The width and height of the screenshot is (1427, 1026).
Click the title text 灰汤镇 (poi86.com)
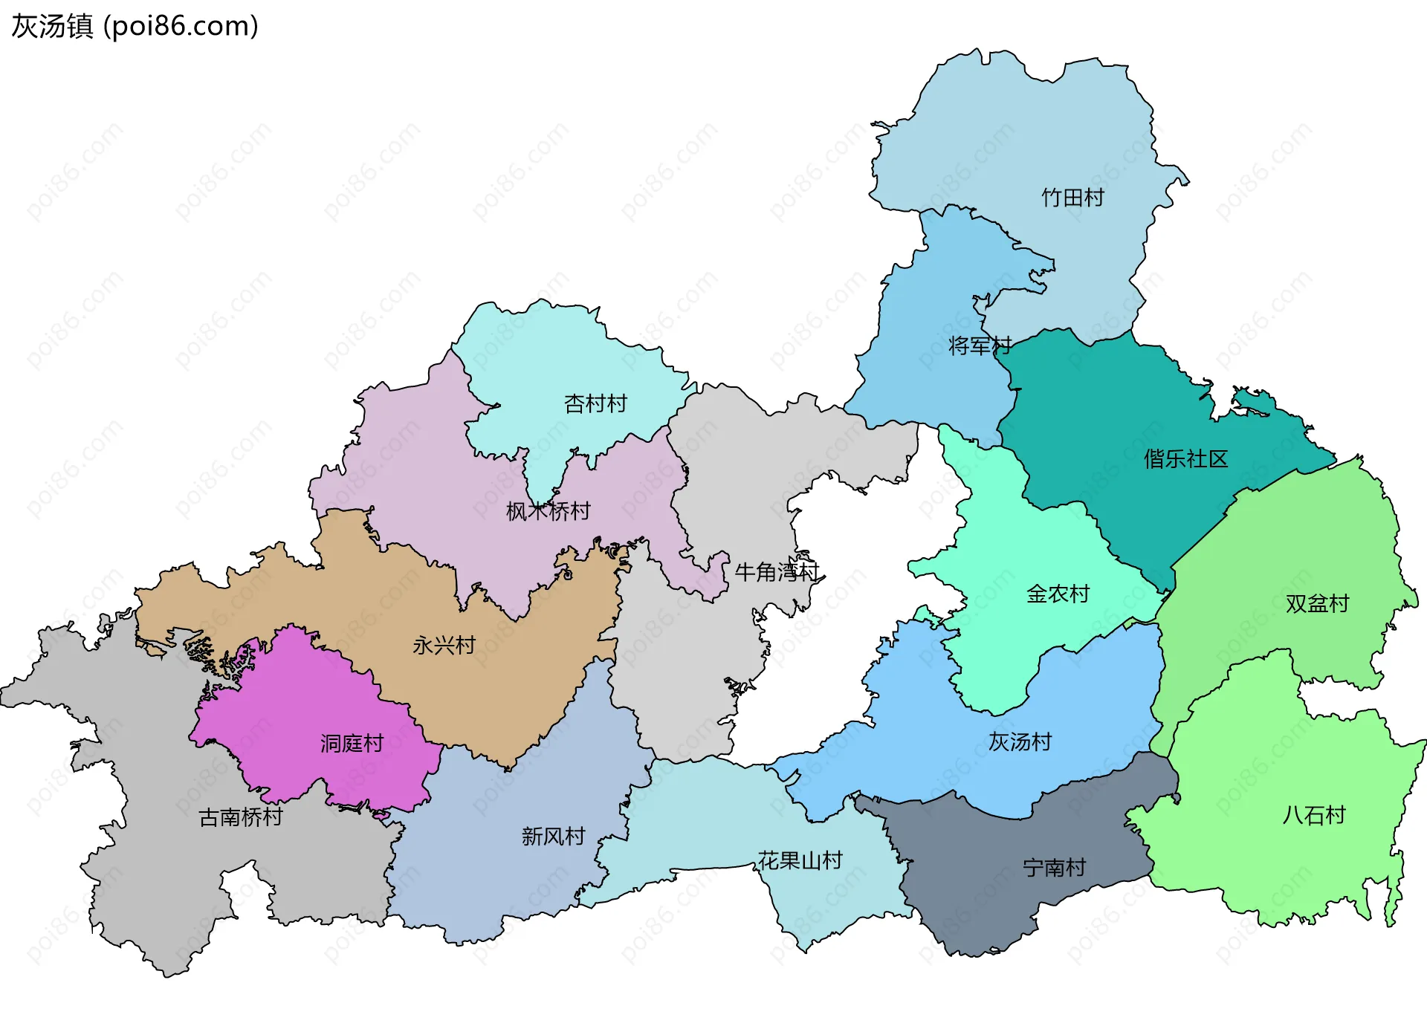(135, 26)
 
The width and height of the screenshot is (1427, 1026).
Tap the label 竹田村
(1072, 198)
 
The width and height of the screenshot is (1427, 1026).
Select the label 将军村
(980, 345)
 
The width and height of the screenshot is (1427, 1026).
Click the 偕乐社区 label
(1185, 459)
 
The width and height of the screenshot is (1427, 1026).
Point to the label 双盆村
(1317, 603)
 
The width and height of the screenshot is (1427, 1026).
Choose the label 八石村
(1314, 815)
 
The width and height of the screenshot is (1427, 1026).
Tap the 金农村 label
(1058, 594)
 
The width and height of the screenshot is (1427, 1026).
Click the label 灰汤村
(1020, 741)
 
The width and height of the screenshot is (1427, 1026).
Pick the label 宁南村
(1054, 868)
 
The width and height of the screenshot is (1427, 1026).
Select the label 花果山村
(800, 860)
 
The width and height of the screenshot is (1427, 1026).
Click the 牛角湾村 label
(776, 572)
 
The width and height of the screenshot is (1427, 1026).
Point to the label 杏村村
(595, 403)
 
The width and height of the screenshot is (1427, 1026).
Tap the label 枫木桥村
(548, 511)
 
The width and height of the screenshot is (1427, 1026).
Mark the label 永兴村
(444, 645)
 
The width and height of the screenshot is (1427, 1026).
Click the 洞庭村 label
(352, 743)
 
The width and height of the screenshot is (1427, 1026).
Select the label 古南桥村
(241, 817)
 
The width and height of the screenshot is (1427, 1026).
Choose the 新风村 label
(553, 837)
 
